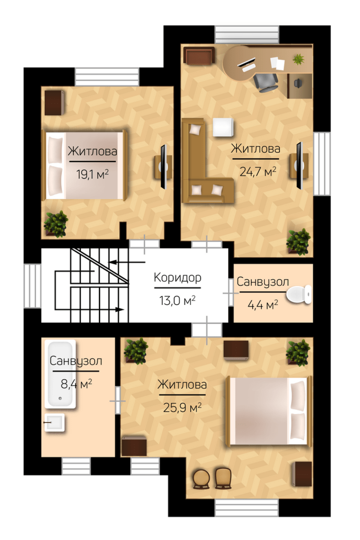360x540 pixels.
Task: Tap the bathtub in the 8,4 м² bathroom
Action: coord(60,374)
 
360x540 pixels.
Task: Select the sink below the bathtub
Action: coord(55,423)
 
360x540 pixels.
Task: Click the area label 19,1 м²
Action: coord(93,174)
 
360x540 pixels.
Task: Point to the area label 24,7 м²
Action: coord(258,172)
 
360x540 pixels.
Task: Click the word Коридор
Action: coord(177,278)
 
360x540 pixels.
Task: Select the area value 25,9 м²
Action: coord(182,408)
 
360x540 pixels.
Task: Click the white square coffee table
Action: coord(223,127)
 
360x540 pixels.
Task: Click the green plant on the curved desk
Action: coord(298,59)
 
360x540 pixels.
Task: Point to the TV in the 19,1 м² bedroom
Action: coord(164,167)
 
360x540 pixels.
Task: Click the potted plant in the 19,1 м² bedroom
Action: coord(56,224)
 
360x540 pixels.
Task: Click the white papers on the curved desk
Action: coord(277,63)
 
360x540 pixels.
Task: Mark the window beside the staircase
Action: coord(32,286)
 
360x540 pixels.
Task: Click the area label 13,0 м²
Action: coord(177,301)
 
